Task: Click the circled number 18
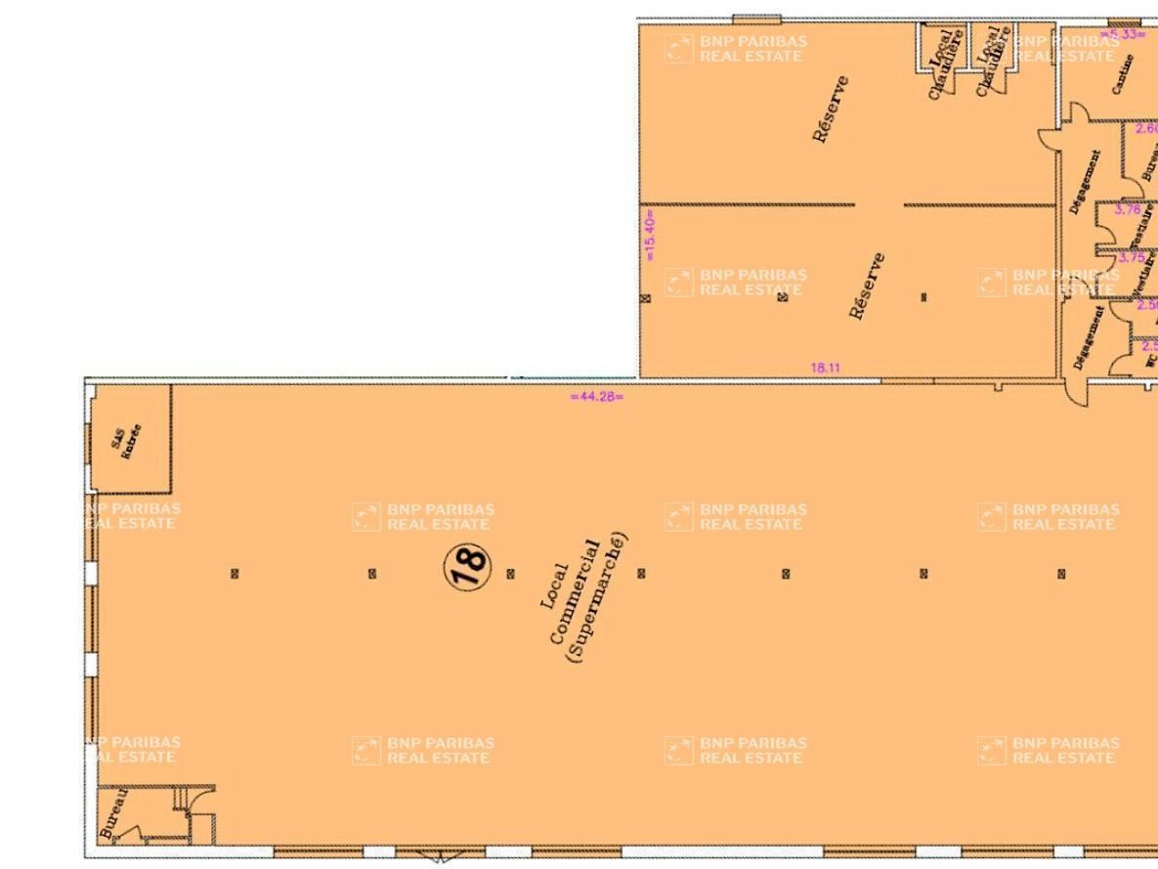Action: coord(467,566)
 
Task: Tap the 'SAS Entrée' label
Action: coord(126,441)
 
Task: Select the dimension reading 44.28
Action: coord(596,396)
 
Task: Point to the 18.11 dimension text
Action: coord(826,368)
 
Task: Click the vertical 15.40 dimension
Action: coord(651,235)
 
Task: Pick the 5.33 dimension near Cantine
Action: coord(1125,34)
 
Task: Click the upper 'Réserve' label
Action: coord(831,109)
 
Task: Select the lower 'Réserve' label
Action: coord(868,285)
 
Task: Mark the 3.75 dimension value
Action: coord(1131,258)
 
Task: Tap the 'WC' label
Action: coord(1149,360)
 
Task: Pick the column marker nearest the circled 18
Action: coord(510,574)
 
